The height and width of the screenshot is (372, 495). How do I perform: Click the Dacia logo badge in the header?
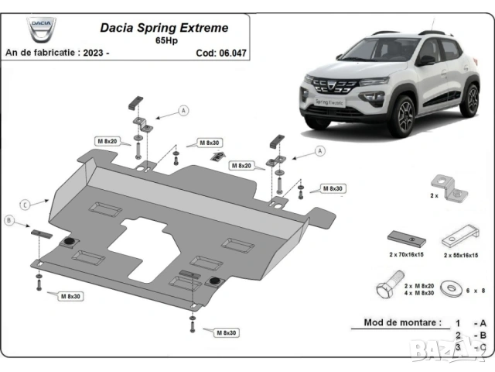[x=42, y=31]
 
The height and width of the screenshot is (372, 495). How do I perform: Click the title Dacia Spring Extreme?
[x=164, y=28]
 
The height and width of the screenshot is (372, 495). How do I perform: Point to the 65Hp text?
[x=165, y=40]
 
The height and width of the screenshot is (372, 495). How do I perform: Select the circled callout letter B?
[x=9, y=221]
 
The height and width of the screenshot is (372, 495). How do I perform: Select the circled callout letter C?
[x=25, y=204]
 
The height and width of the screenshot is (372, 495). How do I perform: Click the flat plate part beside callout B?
[x=39, y=233]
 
